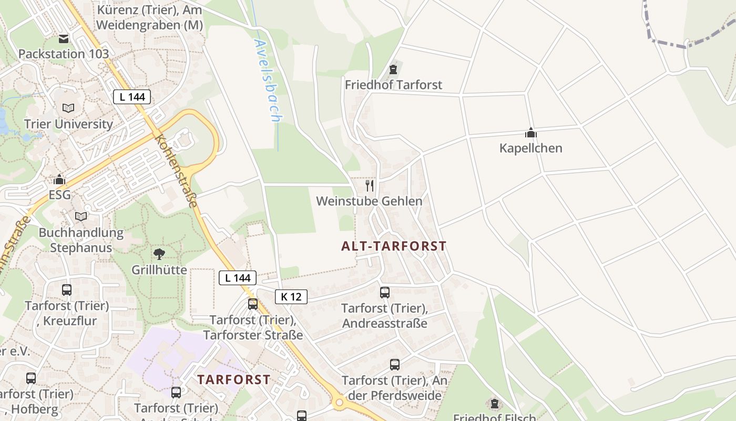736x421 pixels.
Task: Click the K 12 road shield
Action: coord(291,297)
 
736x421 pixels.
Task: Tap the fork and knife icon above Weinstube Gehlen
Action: coord(370,185)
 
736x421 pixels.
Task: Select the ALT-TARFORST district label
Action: coord(394,246)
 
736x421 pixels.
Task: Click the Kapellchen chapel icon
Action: coord(531,133)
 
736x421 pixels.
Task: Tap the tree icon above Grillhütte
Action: coord(159,255)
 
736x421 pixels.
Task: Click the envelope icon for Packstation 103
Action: coord(64,38)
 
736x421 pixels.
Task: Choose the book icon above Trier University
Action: coord(68,108)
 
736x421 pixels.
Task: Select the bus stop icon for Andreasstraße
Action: coord(385,293)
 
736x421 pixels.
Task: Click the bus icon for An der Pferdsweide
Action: coord(395,364)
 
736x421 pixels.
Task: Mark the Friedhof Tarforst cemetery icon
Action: coord(393,69)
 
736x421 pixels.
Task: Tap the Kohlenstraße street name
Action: coord(177,171)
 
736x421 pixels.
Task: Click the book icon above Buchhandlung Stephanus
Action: coord(81,216)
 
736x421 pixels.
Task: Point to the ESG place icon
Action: coord(59,179)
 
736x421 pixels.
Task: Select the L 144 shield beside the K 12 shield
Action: coord(238,278)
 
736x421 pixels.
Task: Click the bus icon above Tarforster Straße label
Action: coord(253,304)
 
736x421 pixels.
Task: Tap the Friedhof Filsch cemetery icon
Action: coord(494,404)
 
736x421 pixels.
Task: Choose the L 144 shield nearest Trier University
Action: coord(132,97)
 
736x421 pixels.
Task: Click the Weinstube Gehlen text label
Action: coord(369,201)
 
